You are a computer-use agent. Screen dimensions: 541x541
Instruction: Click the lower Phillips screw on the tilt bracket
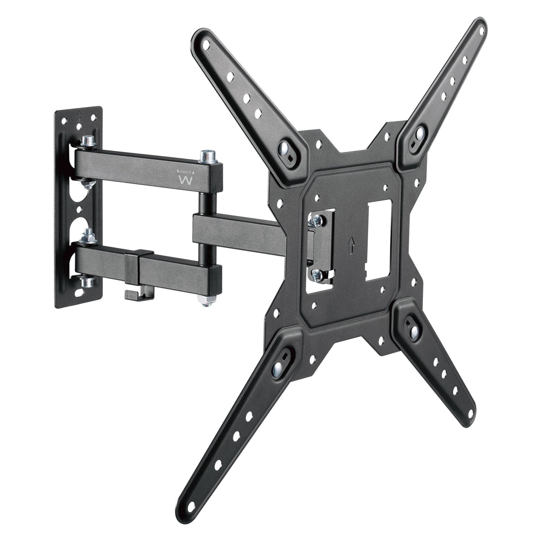click(317, 273)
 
